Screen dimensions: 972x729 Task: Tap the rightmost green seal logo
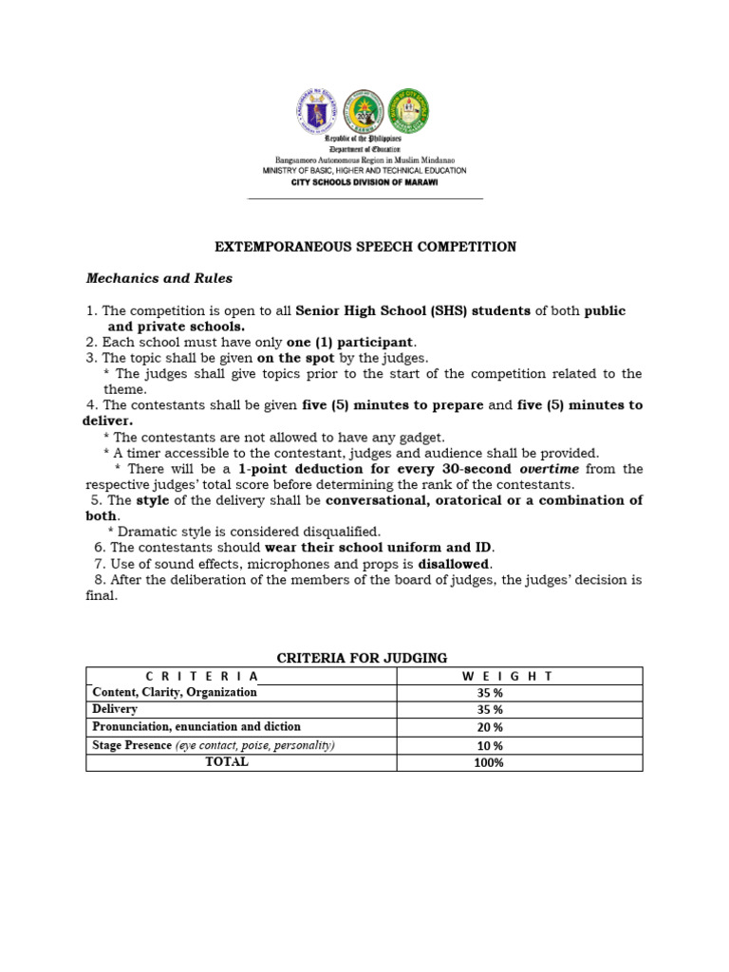click(x=409, y=112)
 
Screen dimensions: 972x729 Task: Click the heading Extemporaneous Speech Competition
click(x=364, y=247)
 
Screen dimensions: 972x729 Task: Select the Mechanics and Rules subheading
click(x=159, y=279)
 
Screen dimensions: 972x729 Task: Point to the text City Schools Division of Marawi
click(x=364, y=181)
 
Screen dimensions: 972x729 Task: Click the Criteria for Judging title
click(x=362, y=658)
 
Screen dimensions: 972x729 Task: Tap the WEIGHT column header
click(x=507, y=676)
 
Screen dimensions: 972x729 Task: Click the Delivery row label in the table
click(x=115, y=709)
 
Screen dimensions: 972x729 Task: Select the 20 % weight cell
click(x=490, y=727)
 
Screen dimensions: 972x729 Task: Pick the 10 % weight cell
click(x=490, y=745)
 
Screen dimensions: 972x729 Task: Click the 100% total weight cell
click(x=490, y=762)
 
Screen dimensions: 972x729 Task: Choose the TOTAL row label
click(x=227, y=762)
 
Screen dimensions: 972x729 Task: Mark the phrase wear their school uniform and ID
click(x=380, y=548)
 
